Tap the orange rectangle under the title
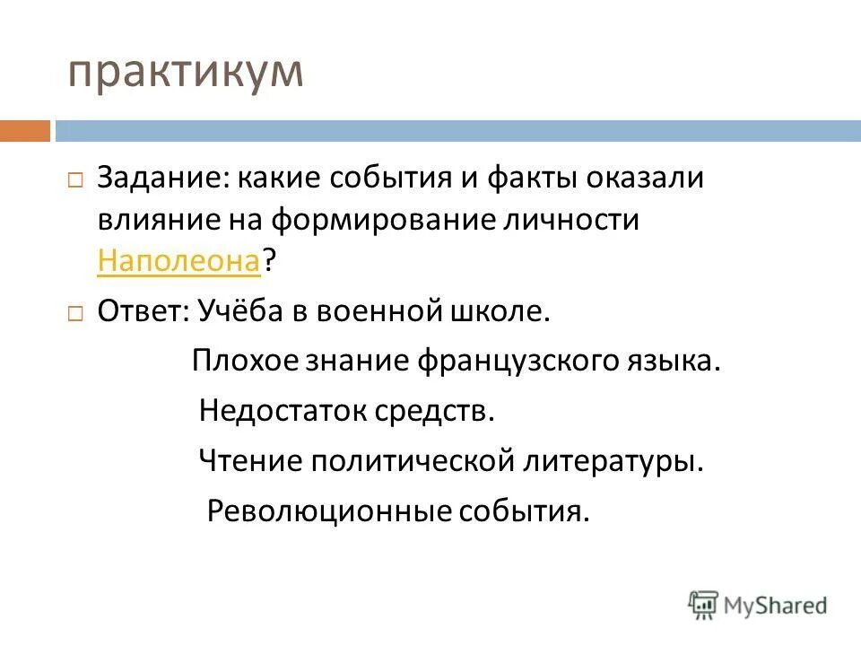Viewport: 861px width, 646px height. click(24, 131)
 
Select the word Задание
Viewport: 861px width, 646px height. click(161, 178)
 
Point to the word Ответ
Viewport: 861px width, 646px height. click(142, 312)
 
